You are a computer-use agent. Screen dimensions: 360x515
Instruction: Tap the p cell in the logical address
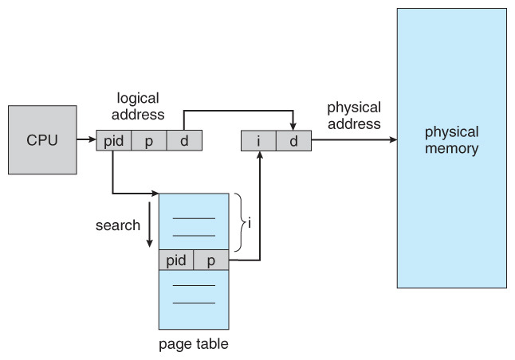click(x=148, y=140)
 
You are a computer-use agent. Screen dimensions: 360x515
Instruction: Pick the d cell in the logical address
click(x=183, y=140)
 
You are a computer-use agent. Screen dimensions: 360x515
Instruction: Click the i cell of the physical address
click(x=258, y=140)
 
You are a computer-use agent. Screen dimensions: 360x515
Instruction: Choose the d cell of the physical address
click(x=293, y=140)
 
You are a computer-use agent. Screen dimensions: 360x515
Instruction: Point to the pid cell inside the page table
click(x=176, y=260)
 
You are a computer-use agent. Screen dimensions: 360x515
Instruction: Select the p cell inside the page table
click(x=211, y=260)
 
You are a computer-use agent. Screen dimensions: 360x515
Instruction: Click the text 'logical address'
click(x=139, y=106)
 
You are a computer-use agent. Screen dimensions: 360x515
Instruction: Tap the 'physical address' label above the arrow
click(x=353, y=115)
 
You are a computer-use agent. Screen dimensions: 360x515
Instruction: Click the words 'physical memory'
click(x=451, y=139)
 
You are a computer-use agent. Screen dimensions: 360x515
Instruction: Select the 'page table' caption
click(x=195, y=344)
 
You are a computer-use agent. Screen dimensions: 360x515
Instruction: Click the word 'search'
click(x=118, y=225)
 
